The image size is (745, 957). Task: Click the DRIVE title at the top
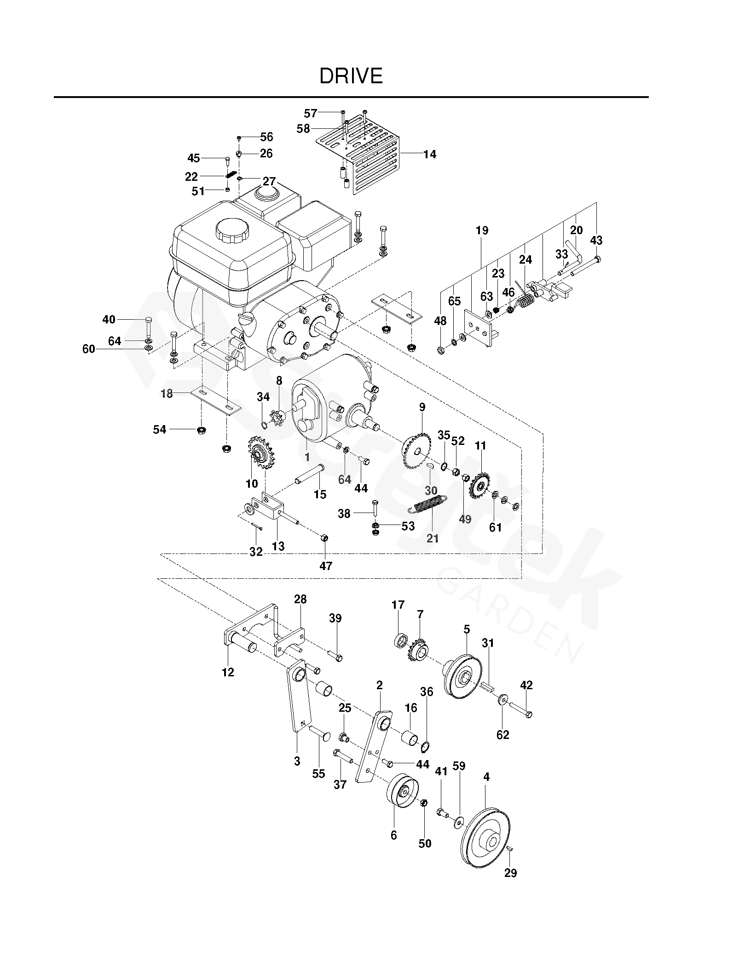(x=351, y=76)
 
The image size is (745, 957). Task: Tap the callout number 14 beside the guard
(x=429, y=154)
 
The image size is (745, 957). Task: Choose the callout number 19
(x=482, y=230)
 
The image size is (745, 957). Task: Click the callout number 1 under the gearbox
(x=307, y=457)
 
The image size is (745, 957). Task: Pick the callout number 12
(x=228, y=672)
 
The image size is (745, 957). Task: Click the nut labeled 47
(x=324, y=537)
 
